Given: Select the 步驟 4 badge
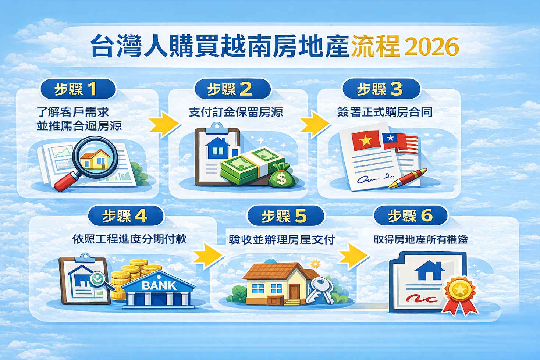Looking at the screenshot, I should [125, 216].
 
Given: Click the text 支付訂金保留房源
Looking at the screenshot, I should [236, 112].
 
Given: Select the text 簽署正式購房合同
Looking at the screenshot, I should [385, 112].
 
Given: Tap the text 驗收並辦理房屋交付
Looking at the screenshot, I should [281, 240].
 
